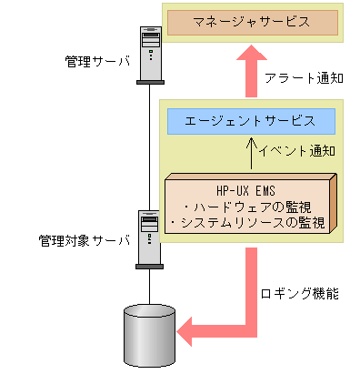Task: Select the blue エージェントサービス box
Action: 251,120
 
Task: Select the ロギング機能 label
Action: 301,297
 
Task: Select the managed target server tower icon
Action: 148,238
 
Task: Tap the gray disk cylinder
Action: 148,335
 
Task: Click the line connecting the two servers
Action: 148,146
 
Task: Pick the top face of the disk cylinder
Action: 148,313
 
